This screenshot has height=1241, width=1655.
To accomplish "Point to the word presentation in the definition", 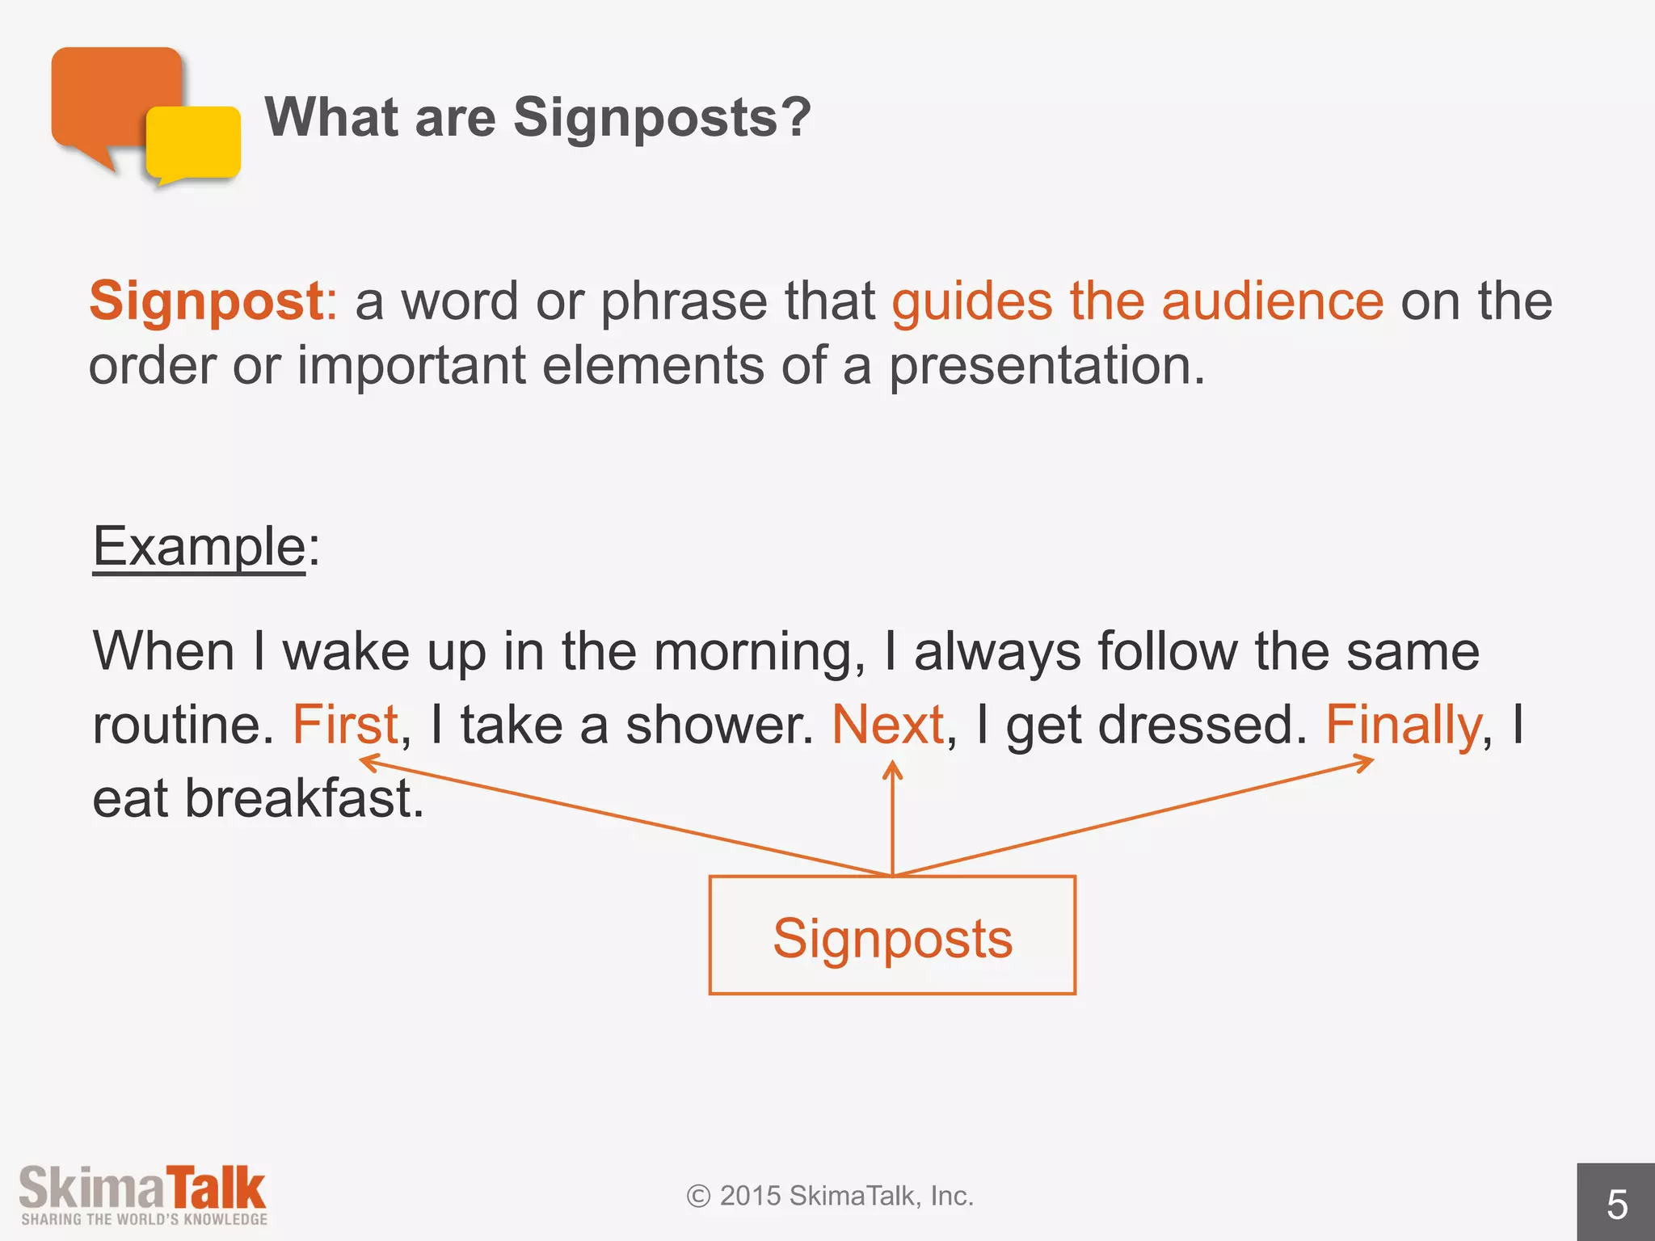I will (1046, 367).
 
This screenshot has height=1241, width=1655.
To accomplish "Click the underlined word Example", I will (199, 547).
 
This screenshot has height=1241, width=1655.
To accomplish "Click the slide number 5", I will (1616, 1205).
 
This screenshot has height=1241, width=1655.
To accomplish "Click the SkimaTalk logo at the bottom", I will (143, 1195).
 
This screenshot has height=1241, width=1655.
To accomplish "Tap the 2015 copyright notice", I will (830, 1196).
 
